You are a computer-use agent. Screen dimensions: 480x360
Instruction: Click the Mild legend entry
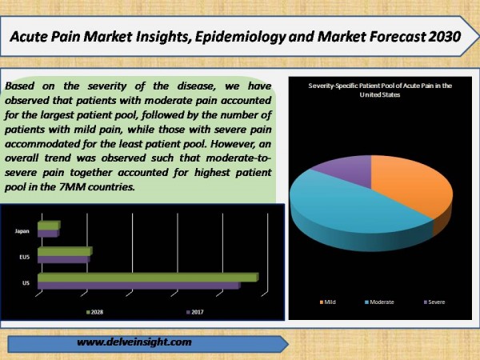327,302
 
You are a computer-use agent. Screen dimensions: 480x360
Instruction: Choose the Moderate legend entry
379,302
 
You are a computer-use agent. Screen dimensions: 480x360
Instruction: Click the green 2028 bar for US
148,278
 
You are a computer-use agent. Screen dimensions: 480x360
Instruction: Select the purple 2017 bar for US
139,286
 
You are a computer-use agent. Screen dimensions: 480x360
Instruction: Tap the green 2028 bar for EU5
65,251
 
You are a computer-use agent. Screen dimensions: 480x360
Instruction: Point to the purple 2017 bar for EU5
64,259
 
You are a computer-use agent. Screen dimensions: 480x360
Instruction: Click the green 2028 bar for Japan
49,226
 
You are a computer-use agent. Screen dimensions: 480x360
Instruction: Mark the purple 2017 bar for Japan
48,234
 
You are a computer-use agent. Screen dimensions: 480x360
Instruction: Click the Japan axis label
22,231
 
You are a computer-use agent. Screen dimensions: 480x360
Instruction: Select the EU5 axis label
25,257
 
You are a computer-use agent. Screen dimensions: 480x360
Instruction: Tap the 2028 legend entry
94,312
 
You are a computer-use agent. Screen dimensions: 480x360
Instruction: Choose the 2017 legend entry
195,312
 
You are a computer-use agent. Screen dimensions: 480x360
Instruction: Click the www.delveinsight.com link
134,342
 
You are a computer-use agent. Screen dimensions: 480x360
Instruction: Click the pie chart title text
380,90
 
